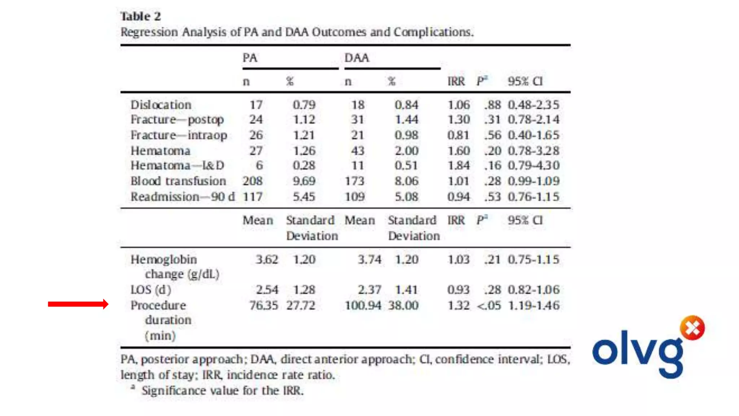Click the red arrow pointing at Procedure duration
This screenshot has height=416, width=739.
coord(78,304)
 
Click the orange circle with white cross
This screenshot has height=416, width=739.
coord(692,328)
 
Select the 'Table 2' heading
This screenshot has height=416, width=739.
coord(141,17)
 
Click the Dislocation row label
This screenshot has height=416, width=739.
coord(161,105)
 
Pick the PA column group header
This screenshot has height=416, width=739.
coord(250,58)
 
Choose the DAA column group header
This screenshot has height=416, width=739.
coord(357,58)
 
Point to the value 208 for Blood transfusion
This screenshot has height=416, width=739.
coord(253,181)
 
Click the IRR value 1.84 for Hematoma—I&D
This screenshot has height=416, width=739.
coord(459,165)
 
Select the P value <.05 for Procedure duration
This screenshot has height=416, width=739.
coord(489,305)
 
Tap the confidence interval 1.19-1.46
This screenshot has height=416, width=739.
coord(534,305)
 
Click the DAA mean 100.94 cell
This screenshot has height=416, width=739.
coord(363,305)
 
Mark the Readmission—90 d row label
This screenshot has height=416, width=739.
coord(183,197)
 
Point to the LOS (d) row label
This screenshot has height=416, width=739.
coord(151,290)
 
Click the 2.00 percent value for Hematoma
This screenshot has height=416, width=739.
coord(406,151)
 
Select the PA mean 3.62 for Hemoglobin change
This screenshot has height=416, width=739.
coord(267,259)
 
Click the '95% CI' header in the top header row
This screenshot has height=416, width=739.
coord(525,81)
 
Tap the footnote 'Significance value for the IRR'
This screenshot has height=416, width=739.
coord(222,390)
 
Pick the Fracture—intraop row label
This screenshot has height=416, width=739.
coord(179,135)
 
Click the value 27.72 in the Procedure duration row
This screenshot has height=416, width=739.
coord(301,305)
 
